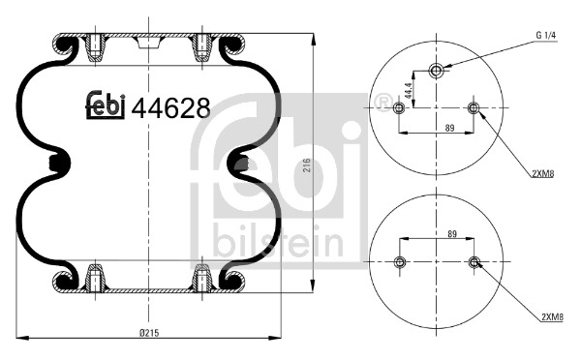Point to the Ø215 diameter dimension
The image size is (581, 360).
148,334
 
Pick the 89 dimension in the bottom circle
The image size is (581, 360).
438,233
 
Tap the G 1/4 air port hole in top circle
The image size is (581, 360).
437,71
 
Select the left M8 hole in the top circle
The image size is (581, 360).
400,107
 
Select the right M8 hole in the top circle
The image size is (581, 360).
474,107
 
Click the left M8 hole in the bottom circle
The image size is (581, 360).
400,262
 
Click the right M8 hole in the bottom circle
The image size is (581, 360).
474,262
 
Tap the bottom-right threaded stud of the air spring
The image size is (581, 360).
202,278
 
